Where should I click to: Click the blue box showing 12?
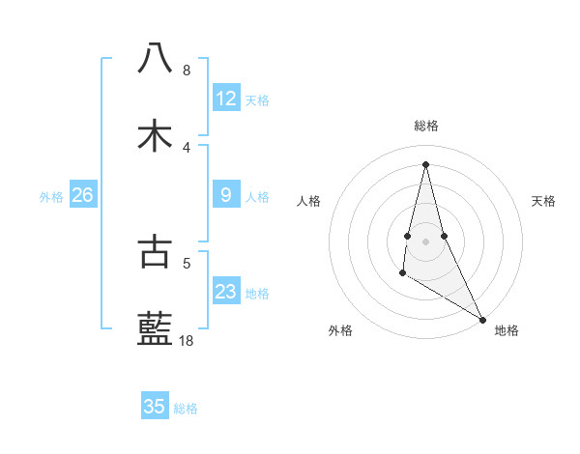[x=226, y=99]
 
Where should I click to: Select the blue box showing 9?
[x=226, y=195]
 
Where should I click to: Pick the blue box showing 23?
[x=226, y=292]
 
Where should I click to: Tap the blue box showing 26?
[x=82, y=195]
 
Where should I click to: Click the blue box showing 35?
[x=155, y=407]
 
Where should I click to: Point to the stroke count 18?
[x=186, y=340]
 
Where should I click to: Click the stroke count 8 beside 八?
[x=186, y=70]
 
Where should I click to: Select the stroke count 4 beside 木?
[x=186, y=147]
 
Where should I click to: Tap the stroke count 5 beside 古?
[x=186, y=262]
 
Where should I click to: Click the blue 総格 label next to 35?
[x=186, y=409]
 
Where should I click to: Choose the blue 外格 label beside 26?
[x=51, y=197]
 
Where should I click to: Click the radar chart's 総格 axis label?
[x=426, y=126]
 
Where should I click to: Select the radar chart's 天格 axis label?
[x=543, y=201]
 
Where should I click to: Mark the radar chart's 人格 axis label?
[x=309, y=201]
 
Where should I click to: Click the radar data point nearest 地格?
[x=482, y=320]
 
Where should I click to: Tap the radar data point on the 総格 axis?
[x=426, y=163]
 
